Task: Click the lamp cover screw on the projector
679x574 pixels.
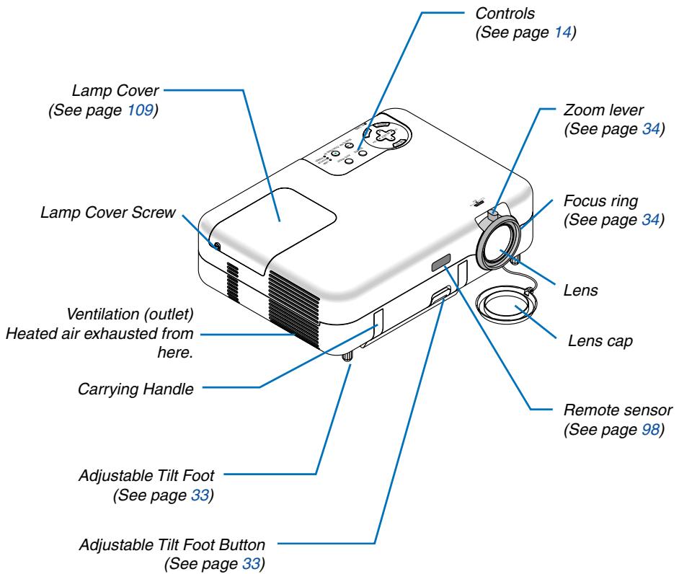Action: tap(217, 246)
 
